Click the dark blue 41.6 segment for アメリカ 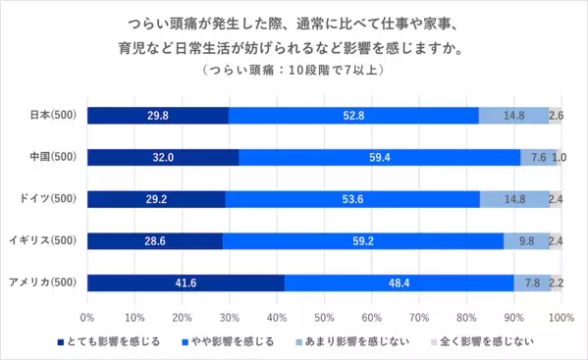[x=186, y=283]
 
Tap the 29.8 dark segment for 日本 [x=157, y=115]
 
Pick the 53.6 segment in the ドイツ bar [x=352, y=199]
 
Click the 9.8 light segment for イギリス [x=526, y=241]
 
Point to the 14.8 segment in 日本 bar [x=513, y=115]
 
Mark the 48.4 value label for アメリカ [x=400, y=283]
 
